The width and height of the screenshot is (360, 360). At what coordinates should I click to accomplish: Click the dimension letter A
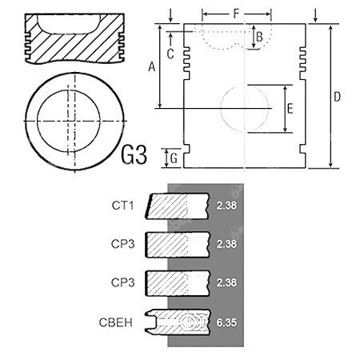tap(152, 66)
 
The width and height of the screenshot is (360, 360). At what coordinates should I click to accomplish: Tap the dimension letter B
tap(259, 37)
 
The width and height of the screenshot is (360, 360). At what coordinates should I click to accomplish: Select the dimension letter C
tap(170, 54)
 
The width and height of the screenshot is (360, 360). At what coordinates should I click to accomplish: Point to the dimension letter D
tap(338, 97)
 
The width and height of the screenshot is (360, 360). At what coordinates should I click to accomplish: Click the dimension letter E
tap(290, 109)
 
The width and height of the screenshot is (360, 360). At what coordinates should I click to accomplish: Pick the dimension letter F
tap(236, 14)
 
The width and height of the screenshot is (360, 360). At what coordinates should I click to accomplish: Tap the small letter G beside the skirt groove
tap(174, 158)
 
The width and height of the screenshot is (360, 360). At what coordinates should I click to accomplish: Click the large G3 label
tap(134, 155)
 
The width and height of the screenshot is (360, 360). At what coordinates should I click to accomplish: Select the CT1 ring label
tap(122, 206)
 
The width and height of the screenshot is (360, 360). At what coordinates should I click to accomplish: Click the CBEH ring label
tap(115, 322)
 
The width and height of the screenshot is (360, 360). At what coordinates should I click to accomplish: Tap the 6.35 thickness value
tap(226, 322)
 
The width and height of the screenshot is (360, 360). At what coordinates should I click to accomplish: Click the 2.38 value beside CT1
tap(226, 206)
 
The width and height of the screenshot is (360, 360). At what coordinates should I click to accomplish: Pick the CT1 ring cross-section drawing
tap(177, 206)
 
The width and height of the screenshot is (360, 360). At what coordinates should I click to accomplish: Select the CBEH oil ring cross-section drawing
tap(178, 322)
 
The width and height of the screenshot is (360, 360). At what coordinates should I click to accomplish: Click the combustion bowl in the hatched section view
tap(69, 24)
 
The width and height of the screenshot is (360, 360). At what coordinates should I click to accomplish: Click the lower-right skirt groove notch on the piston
tap(302, 149)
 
